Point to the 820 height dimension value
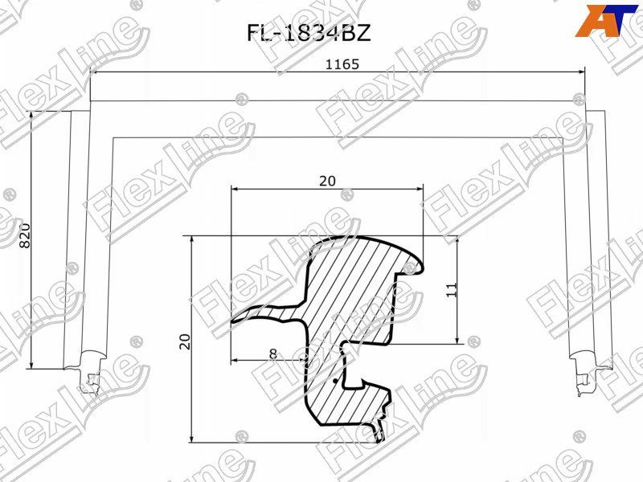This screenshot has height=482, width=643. tap(23, 235)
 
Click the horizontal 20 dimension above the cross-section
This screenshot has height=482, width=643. tap(326, 181)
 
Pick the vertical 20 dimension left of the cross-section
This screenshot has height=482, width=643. tap(184, 340)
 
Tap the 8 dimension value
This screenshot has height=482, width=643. tap(273, 353)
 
